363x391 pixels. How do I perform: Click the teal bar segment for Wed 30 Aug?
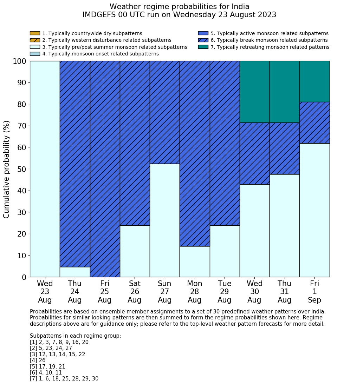pos(254,92)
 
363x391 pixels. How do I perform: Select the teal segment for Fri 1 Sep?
pos(315,81)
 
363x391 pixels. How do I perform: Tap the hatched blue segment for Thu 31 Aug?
pos(284,148)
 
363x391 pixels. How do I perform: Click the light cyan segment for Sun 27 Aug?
pos(164,220)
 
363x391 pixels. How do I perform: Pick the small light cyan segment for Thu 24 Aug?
pos(75,272)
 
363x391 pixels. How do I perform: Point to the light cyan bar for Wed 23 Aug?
pos(45,169)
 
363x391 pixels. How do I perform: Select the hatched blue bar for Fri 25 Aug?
pos(105,169)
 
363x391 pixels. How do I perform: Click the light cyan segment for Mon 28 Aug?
pos(195,261)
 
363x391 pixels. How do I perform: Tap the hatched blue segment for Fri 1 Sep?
pos(315,122)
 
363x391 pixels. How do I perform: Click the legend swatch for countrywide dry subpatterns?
pos(35,33)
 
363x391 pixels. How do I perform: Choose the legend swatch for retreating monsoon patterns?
pos(203,47)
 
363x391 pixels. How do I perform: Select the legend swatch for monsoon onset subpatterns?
pos(35,54)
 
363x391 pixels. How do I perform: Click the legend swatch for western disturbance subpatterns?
pos(35,40)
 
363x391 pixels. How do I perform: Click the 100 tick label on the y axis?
pos(19,61)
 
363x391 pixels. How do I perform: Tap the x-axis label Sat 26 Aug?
pos(135,292)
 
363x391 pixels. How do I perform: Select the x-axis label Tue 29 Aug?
pos(225,292)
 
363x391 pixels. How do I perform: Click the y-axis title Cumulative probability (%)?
pos(7,169)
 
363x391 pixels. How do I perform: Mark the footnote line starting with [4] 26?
pos(38,360)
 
